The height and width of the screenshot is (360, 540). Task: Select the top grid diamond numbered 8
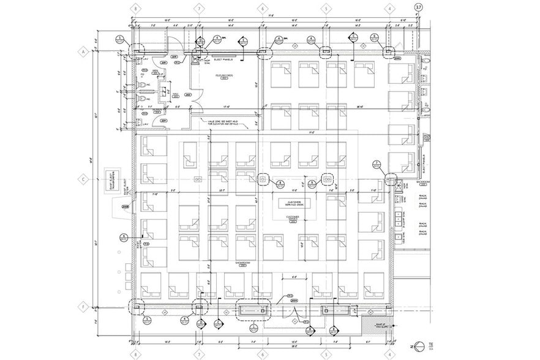(x=135, y=8)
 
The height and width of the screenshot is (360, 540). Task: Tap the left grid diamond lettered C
(x=81, y=180)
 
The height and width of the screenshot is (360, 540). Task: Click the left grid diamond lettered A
(x=81, y=52)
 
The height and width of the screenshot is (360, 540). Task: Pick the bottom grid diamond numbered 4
(x=389, y=353)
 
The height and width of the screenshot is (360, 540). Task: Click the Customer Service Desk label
(x=292, y=203)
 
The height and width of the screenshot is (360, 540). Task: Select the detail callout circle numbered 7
(x=377, y=163)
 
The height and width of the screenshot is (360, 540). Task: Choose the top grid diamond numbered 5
(x=327, y=8)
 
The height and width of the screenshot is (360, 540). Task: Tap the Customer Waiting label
(x=292, y=219)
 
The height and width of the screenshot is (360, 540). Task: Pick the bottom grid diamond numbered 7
(x=199, y=353)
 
